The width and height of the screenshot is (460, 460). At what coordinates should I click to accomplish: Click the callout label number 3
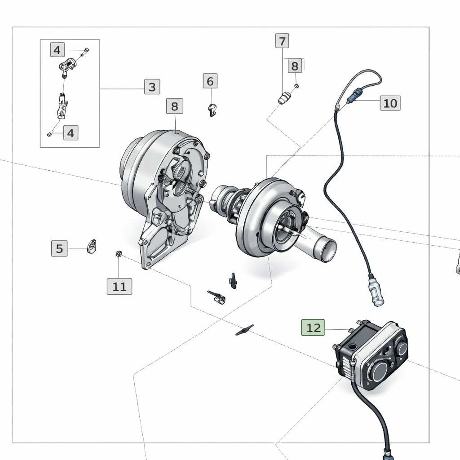point(152,87)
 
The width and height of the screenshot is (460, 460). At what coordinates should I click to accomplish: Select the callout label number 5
point(59,248)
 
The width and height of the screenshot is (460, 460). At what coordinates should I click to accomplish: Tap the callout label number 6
point(210,81)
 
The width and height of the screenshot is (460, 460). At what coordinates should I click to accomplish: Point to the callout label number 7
point(282,41)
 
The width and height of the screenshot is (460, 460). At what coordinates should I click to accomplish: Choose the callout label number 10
point(390,103)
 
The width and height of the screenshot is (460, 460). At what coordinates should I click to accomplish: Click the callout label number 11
point(119,286)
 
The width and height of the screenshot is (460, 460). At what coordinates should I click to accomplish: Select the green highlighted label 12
point(313,327)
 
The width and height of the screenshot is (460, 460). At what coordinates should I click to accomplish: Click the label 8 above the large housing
point(174,106)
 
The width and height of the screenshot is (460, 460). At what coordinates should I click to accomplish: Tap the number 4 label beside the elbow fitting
point(57,50)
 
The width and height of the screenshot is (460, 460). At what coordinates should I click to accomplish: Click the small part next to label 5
point(93,245)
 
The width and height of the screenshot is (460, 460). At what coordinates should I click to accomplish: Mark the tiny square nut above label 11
point(119,254)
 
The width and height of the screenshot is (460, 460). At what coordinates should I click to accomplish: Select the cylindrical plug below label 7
point(283,98)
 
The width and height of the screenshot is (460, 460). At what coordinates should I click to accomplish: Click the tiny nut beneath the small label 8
point(296,85)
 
